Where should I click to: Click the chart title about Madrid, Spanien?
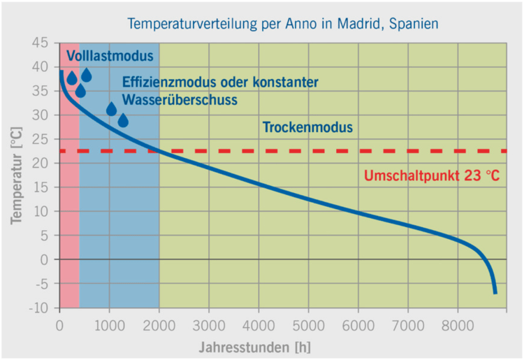[x=282, y=23]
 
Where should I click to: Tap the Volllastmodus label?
[x=110, y=55]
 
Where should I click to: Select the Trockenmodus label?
[x=307, y=128]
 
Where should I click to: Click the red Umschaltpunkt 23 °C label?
[x=432, y=176]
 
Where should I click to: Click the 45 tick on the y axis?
[x=41, y=43]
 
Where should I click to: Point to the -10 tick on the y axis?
[x=39, y=308]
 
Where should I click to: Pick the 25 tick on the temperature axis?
[x=41, y=139]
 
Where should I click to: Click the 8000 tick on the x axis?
[x=458, y=325]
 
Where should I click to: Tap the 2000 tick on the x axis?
[x=159, y=325]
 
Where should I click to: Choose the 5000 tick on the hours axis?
[x=308, y=325]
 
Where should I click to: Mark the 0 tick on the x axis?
[x=59, y=325]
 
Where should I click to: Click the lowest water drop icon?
[x=123, y=121]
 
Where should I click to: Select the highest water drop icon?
[x=87, y=75]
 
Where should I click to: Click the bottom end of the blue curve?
[x=495, y=293]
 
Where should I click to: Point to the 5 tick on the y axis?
[x=45, y=236]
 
